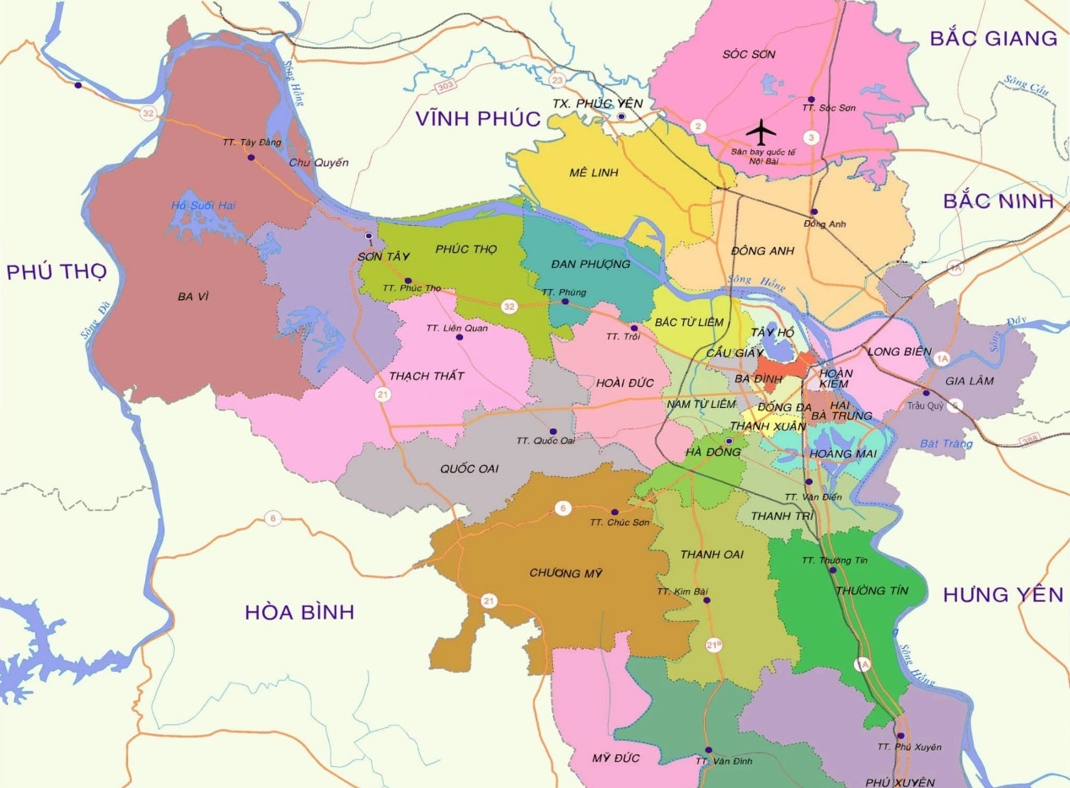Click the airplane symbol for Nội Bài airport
pos(762,131)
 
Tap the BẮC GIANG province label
pos(992,38)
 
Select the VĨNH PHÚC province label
pos(477,119)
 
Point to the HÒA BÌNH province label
pos(299,612)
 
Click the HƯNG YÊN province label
pos(1003,595)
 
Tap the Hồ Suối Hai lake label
pos(201,205)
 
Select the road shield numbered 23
pos(557,80)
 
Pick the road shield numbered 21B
pos(713,646)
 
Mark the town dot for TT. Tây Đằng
pos(250,158)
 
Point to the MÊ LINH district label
pos(594,173)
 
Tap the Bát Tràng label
pos(946,443)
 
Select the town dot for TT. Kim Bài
pos(707,601)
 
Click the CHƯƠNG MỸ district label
pos(566,573)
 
